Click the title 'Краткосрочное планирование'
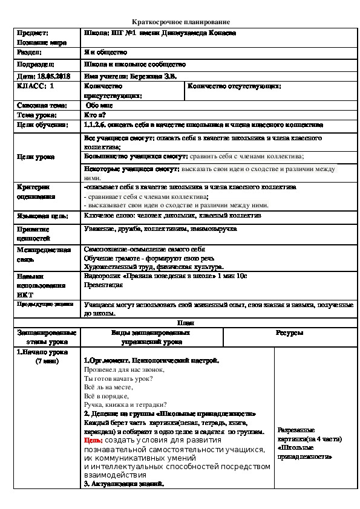tap(180, 21)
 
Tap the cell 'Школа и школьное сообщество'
tap(135, 64)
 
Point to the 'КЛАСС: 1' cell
tap(36, 86)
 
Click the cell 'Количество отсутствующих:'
tap(234, 86)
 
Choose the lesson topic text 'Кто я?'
tap(96, 114)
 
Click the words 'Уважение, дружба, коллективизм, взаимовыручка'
tap(160, 229)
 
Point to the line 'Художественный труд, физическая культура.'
tap(154, 266)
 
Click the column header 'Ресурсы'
tap(289, 333)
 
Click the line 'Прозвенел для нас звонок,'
tap(124, 369)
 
